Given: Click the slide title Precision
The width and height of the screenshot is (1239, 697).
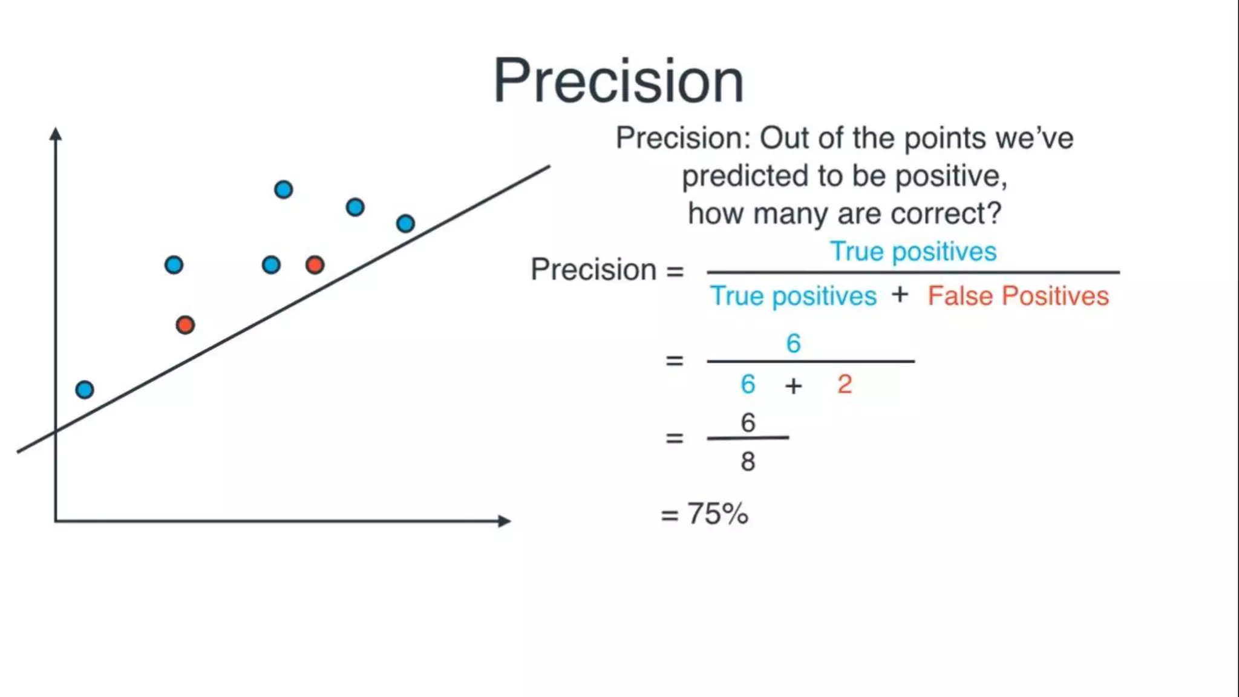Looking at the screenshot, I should pyautogui.click(x=618, y=81).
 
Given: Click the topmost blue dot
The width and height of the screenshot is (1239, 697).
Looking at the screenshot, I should pyautogui.click(x=283, y=189).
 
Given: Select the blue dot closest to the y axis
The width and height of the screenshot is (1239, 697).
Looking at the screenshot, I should pyautogui.click(x=85, y=389).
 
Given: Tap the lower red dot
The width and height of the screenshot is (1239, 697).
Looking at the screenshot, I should pyautogui.click(x=185, y=325).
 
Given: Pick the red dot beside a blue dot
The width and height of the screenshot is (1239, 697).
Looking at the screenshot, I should pyautogui.click(x=315, y=264).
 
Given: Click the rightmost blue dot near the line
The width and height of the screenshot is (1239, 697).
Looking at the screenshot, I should pyautogui.click(x=405, y=223).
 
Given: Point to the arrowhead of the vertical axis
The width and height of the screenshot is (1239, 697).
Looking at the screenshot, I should pyautogui.click(x=56, y=133).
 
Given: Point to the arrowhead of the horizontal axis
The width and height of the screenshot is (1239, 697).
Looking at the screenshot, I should pyautogui.click(x=505, y=520).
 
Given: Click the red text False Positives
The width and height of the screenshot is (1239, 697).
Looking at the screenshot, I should pyautogui.click(x=1018, y=296).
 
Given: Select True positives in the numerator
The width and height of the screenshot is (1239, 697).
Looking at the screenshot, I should pyautogui.click(x=912, y=251).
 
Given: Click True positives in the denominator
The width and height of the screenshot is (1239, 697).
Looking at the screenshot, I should pyautogui.click(x=793, y=296).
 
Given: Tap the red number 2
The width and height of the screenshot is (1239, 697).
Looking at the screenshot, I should pyautogui.click(x=845, y=384).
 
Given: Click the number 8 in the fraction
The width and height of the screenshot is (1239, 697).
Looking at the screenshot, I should pyautogui.click(x=748, y=462).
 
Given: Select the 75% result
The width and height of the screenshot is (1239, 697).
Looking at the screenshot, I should pyautogui.click(x=717, y=514).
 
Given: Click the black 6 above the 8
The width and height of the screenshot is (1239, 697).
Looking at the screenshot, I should pyautogui.click(x=748, y=422).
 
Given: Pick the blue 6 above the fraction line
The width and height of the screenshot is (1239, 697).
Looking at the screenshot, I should pyautogui.click(x=793, y=343).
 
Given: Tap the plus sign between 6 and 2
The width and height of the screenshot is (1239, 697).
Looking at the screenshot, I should pyautogui.click(x=793, y=385).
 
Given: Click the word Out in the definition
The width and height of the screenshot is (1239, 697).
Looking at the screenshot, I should pyautogui.click(x=783, y=138).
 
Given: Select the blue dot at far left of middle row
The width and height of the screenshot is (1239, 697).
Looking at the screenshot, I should pyautogui.click(x=174, y=264).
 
